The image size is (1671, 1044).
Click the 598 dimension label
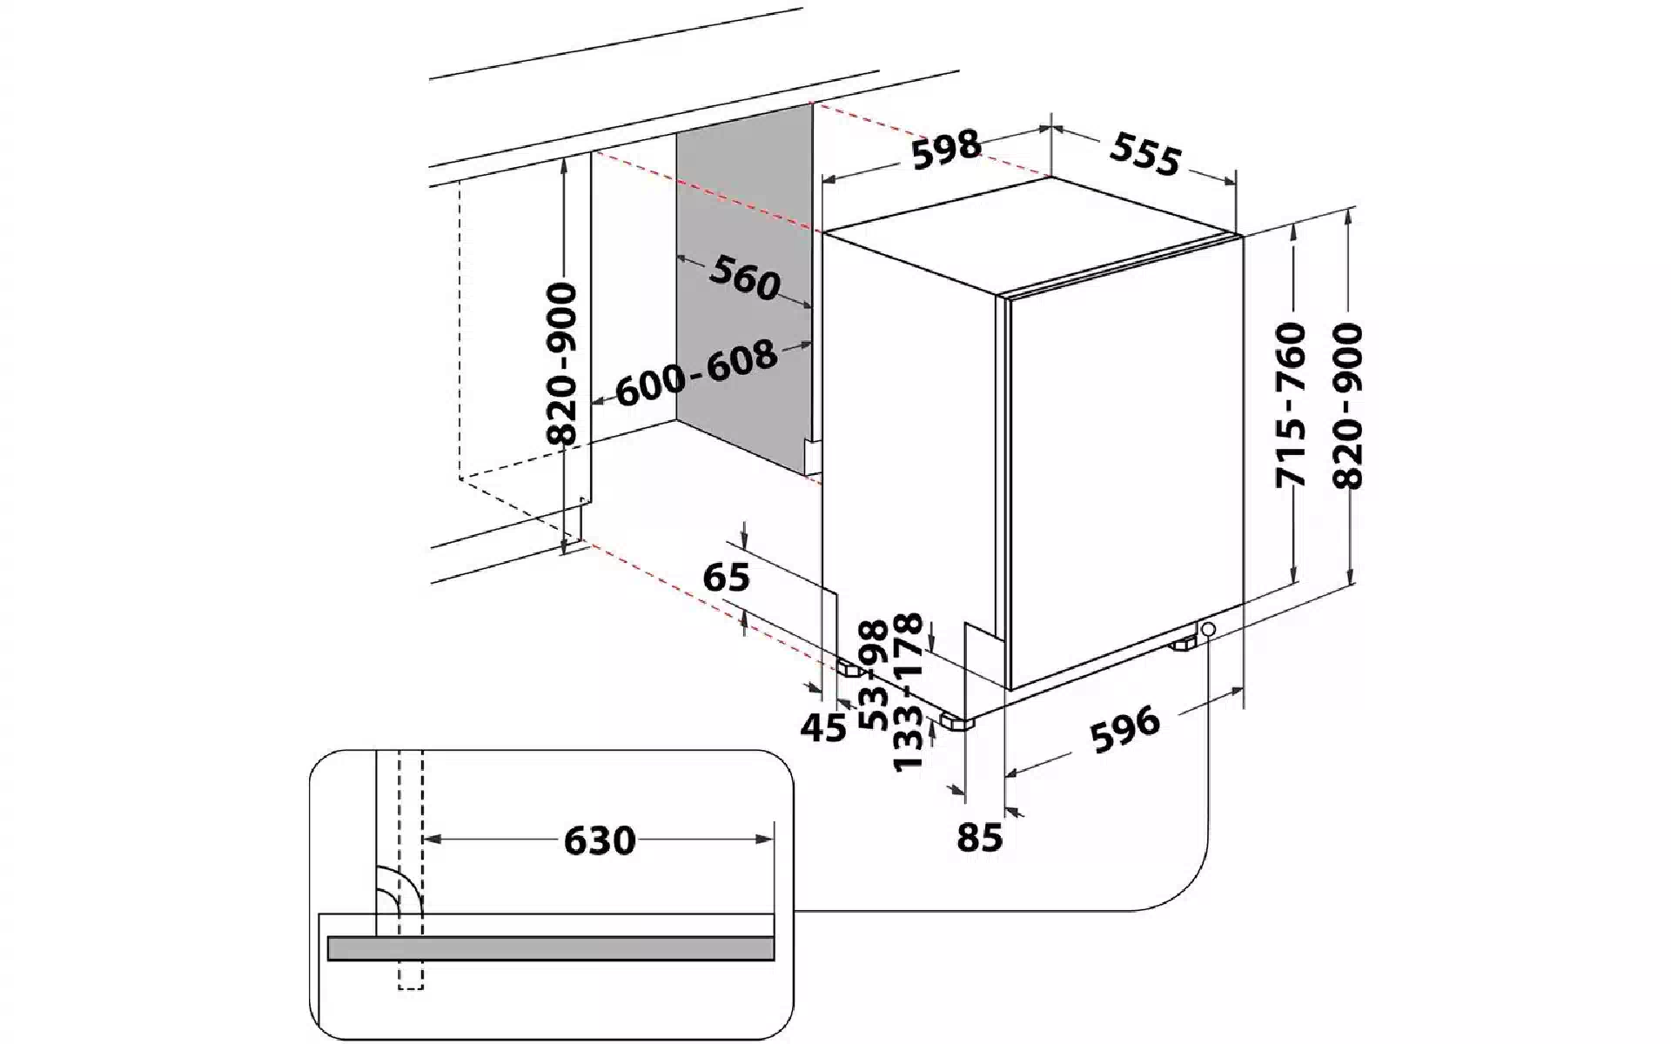pos(946,149)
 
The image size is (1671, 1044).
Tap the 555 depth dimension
pos(1146,156)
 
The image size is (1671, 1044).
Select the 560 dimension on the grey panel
pos(744,278)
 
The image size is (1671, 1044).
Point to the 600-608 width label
pos(696,372)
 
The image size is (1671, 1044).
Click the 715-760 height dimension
pos(1291,405)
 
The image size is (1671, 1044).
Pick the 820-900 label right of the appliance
pos(1347,405)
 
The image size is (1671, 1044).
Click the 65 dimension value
pos(726,577)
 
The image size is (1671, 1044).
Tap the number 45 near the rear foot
pos(822,726)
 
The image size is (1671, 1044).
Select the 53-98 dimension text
pos(873,674)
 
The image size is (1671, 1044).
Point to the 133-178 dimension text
pos(908,692)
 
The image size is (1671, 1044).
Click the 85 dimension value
pos(980,837)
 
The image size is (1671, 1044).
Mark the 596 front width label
pos(1126,729)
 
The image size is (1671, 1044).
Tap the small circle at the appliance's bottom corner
pos(1206,627)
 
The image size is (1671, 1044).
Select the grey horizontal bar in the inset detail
pos(551,948)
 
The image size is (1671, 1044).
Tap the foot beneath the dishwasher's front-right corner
pos(1184,646)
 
